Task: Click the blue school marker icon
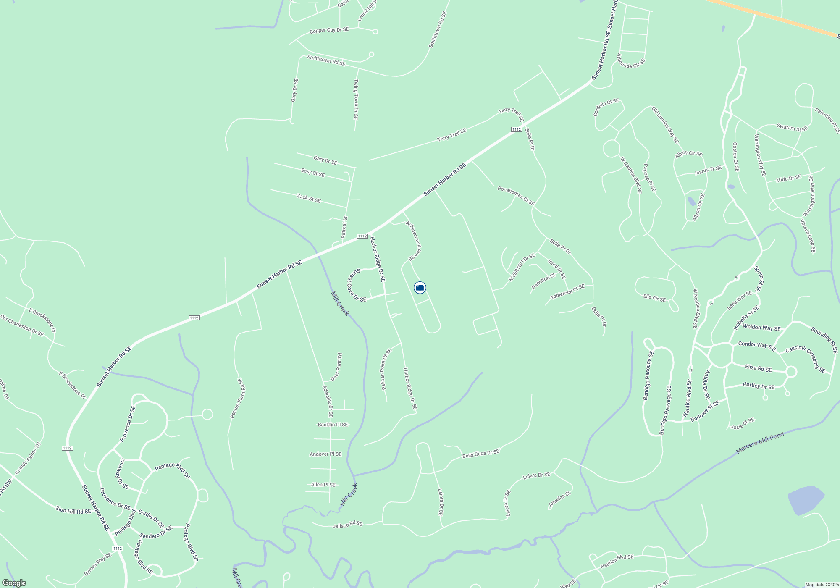tap(420, 288)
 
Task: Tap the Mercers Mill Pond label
tap(760, 443)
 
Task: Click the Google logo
tap(14, 583)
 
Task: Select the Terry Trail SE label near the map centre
tap(451, 135)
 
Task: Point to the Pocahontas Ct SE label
tap(516, 196)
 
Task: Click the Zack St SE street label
tap(309, 198)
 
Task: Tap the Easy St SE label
tap(313, 172)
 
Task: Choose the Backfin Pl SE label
tap(333, 425)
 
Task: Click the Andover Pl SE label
tap(325, 454)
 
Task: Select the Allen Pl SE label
tap(323, 485)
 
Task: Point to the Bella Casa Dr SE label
tap(480, 454)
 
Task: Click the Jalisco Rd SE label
tap(347, 525)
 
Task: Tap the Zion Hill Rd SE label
tap(73, 510)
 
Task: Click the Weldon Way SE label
tap(761, 328)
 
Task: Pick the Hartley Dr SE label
tap(759, 386)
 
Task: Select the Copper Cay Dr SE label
tap(329, 30)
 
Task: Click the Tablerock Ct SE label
tap(567, 291)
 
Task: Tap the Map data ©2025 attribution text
tap(822, 585)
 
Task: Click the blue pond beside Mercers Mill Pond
tap(806, 500)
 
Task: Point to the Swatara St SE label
tap(792, 128)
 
